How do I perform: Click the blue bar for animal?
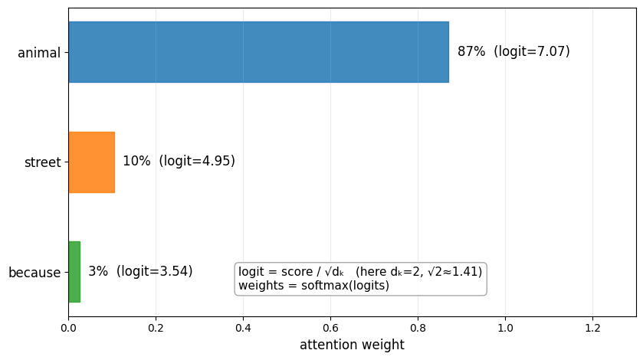point(258,52)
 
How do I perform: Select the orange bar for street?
point(91,162)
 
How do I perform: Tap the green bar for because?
point(74,272)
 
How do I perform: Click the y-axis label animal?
point(39,53)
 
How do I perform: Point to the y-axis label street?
point(42,162)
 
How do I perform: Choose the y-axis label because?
point(34,273)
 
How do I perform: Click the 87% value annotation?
point(471,52)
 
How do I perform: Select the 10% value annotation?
point(136,162)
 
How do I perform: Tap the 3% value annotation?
point(98,272)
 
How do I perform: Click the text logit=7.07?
point(532,52)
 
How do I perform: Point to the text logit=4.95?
point(197,162)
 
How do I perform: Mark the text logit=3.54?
point(155,272)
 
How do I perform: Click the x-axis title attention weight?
point(352,345)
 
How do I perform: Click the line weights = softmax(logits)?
point(313,286)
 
